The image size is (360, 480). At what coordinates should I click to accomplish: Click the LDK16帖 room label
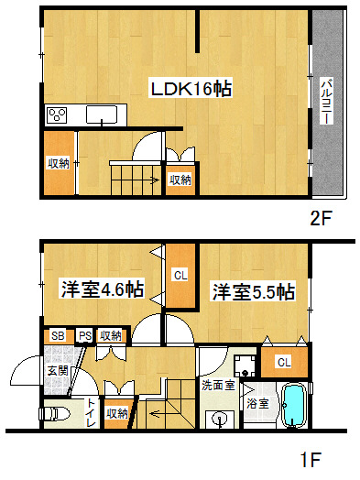pyautogui.click(x=191, y=89)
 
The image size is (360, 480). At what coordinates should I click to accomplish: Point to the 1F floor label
pyautogui.click(x=311, y=459)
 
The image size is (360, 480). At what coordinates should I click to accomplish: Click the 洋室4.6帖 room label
pyautogui.click(x=102, y=289)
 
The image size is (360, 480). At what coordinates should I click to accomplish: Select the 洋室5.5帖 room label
pyautogui.click(x=254, y=292)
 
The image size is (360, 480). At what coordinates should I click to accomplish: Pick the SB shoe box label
pyautogui.click(x=58, y=335)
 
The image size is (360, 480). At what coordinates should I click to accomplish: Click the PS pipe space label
pyautogui.click(x=83, y=335)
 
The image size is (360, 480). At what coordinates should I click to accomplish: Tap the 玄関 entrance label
pyautogui.click(x=57, y=371)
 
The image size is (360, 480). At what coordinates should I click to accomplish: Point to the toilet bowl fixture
pyautogui.click(x=57, y=414)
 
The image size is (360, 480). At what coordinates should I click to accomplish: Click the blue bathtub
pyautogui.click(x=295, y=407)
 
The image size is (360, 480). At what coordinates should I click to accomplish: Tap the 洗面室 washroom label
pyautogui.click(x=218, y=386)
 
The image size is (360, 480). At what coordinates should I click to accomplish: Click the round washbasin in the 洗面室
pyautogui.click(x=220, y=419)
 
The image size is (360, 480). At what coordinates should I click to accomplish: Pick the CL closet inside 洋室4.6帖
pyautogui.click(x=180, y=275)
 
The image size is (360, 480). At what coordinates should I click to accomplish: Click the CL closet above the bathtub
pyautogui.click(x=284, y=362)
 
